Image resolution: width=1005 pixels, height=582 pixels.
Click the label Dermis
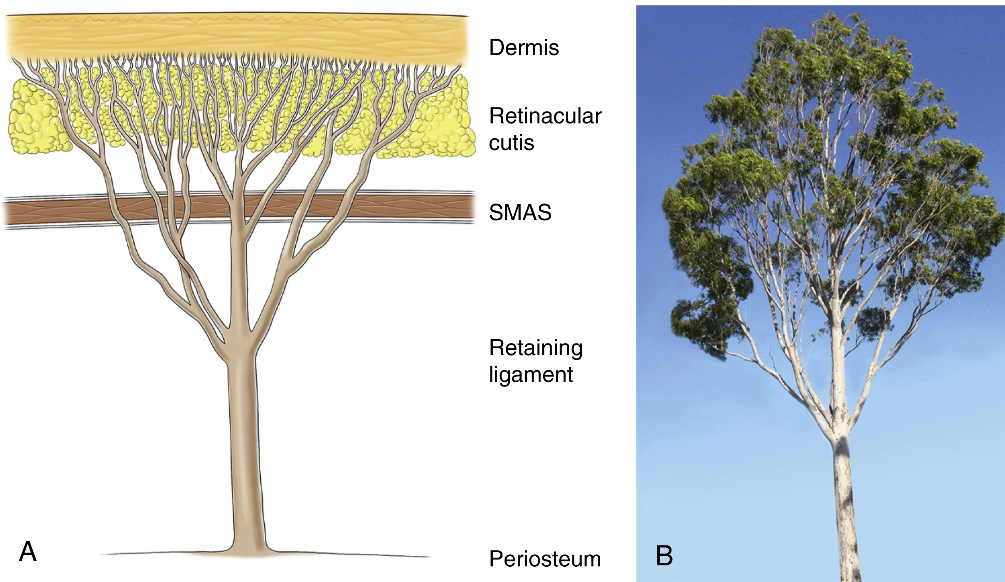[523, 47]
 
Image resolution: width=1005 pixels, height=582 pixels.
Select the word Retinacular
[545, 116]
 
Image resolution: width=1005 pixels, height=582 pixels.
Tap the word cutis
[511, 143]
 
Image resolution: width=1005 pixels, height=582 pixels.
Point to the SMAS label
[520, 212]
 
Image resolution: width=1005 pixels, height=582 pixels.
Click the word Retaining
[535, 348]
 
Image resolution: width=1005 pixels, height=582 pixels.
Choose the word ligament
[531, 375]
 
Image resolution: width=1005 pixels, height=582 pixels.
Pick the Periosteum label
[545, 559]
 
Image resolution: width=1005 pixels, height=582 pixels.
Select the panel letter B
[664, 555]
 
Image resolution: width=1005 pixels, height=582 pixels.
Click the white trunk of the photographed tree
[845, 503]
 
